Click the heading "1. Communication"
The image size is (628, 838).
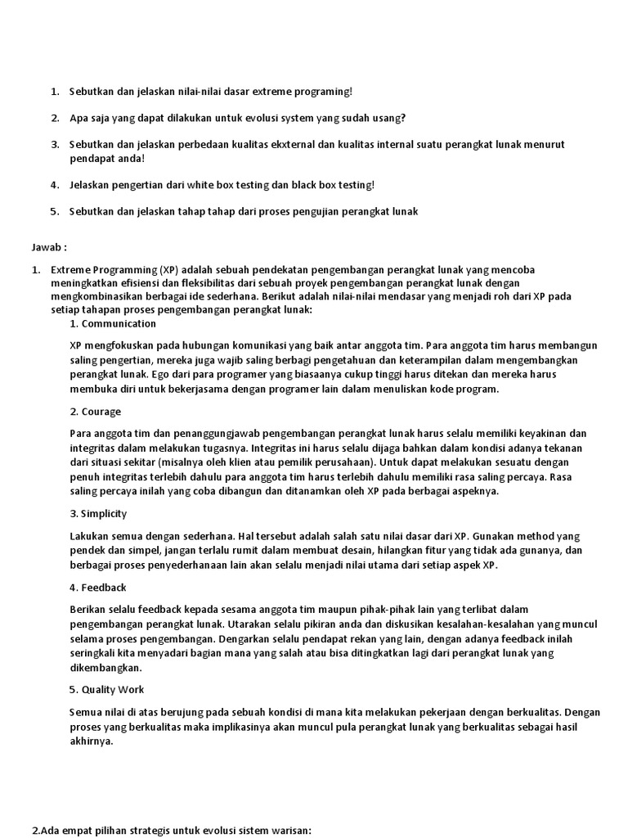(113, 323)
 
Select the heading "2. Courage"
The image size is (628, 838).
(95, 412)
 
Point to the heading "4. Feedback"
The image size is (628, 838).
(98, 588)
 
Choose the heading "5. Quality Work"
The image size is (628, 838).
(107, 689)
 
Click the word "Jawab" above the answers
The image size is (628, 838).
(46, 247)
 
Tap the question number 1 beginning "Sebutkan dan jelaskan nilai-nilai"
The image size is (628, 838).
(54, 92)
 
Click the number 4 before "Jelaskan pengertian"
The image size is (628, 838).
(54, 185)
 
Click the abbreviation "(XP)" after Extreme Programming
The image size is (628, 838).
(169, 269)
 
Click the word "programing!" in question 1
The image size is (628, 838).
(324, 92)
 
